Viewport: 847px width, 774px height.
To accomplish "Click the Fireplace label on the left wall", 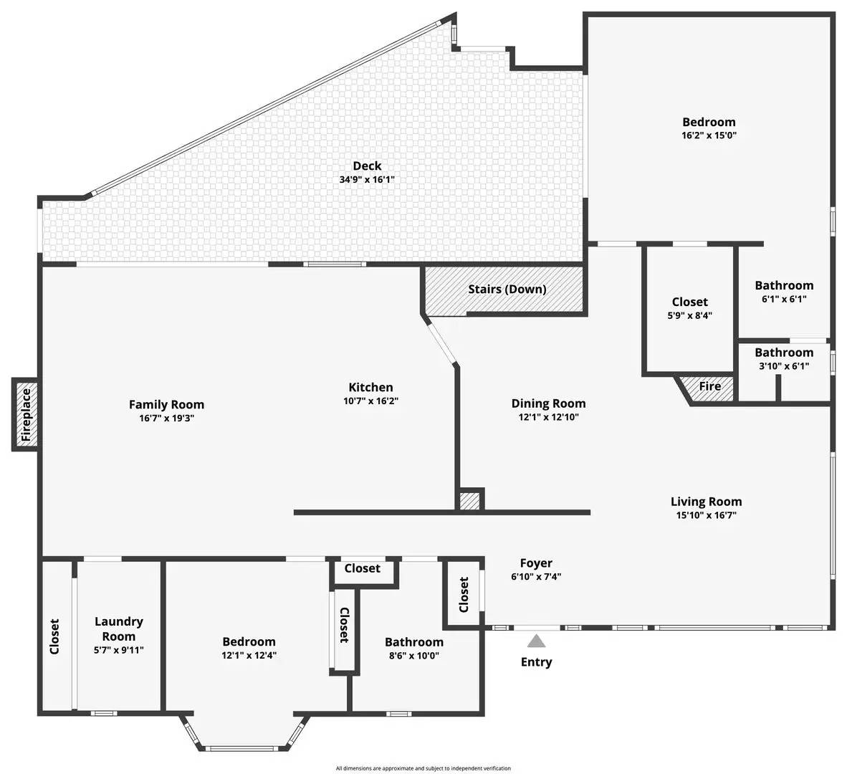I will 26,414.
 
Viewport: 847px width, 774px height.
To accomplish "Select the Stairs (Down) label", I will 507,290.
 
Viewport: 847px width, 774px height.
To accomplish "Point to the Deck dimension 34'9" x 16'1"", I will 367,180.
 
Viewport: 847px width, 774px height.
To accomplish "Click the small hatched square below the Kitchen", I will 469,500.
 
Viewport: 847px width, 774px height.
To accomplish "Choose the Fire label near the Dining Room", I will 709,386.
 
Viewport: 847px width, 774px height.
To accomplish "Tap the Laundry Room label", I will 119,629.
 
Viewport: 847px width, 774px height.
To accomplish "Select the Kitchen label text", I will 370,387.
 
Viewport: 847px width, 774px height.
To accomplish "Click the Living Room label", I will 706,502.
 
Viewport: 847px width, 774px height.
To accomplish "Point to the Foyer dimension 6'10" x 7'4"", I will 536,575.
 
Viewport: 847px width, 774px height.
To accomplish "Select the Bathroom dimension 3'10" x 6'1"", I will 783,365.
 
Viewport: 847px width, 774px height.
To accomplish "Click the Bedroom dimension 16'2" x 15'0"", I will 709,135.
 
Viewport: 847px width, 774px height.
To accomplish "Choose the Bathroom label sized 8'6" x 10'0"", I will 413,642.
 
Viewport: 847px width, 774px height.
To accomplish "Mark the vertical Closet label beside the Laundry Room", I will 55,636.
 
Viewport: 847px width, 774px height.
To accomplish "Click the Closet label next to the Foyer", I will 464,594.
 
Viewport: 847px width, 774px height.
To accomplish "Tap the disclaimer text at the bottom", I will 423,768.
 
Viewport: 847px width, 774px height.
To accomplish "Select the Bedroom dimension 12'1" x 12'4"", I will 249,654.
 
